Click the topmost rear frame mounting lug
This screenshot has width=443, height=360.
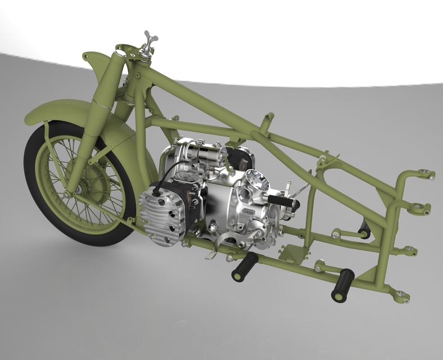(426, 174)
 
